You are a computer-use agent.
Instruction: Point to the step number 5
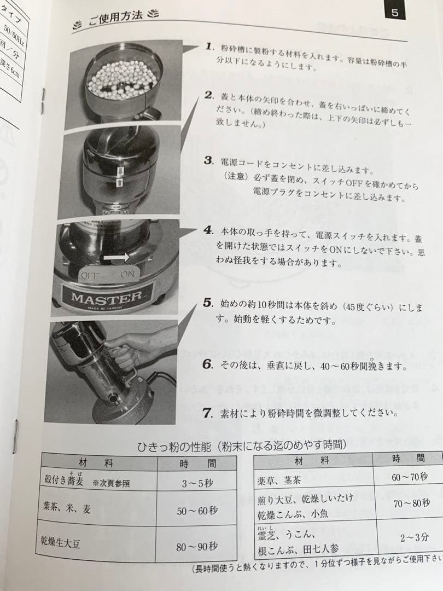click(x=207, y=303)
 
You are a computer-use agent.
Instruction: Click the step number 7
click(x=207, y=413)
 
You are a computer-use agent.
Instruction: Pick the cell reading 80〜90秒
click(x=197, y=546)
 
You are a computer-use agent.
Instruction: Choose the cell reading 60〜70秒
click(x=409, y=477)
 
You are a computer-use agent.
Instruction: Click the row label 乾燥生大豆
click(x=62, y=543)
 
